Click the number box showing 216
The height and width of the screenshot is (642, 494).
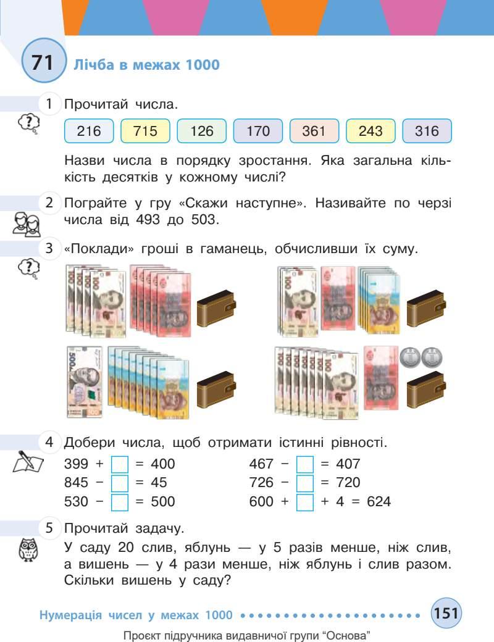(89, 131)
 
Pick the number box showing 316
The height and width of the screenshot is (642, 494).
(427, 131)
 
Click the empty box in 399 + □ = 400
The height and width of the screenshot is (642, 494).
(119, 464)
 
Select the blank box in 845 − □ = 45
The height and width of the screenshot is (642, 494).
(119, 482)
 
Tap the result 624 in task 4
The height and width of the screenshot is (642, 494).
(377, 502)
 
